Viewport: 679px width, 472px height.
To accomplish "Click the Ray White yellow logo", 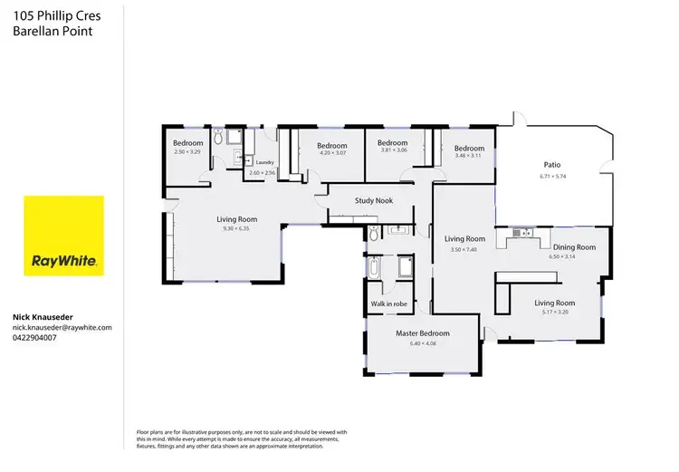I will click(x=63, y=236).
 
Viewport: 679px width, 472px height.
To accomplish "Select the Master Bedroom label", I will click(x=423, y=333).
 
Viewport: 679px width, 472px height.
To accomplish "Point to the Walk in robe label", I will click(x=388, y=303).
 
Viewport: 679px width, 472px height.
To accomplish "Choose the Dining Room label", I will click(x=575, y=247).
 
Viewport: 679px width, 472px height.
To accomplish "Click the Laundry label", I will click(x=265, y=163).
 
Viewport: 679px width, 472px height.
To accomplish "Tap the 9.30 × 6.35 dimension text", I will click(x=237, y=228).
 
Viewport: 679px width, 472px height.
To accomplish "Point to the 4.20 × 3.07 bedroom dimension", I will click(x=332, y=153).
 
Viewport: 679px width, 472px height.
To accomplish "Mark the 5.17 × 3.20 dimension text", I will click(x=555, y=313).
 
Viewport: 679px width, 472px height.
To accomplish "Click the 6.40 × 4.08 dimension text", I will click(x=422, y=343).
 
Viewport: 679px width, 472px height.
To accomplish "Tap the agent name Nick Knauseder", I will click(x=43, y=317).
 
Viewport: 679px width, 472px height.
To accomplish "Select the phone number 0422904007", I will click(x=35, y=337).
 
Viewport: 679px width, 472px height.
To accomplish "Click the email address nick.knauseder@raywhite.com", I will click(x=62, y=327).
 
